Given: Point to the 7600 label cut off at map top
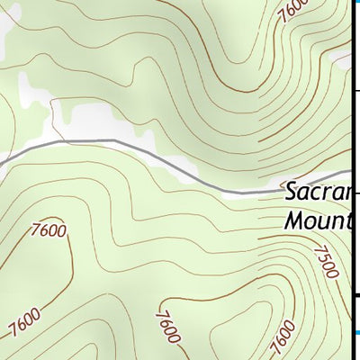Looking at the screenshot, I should (292, 11).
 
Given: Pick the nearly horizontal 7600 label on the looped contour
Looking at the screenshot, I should (48, 230).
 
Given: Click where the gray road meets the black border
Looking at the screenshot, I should (350, 171).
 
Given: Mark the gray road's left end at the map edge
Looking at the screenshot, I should (3, 163).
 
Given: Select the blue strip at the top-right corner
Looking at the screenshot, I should (356, 4).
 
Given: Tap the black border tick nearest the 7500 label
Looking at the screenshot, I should (355, 294).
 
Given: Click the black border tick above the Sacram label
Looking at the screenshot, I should (355, 90).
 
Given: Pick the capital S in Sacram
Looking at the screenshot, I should (292, 192).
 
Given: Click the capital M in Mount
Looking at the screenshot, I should (294, 220).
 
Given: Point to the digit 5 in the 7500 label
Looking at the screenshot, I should (323, 256).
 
